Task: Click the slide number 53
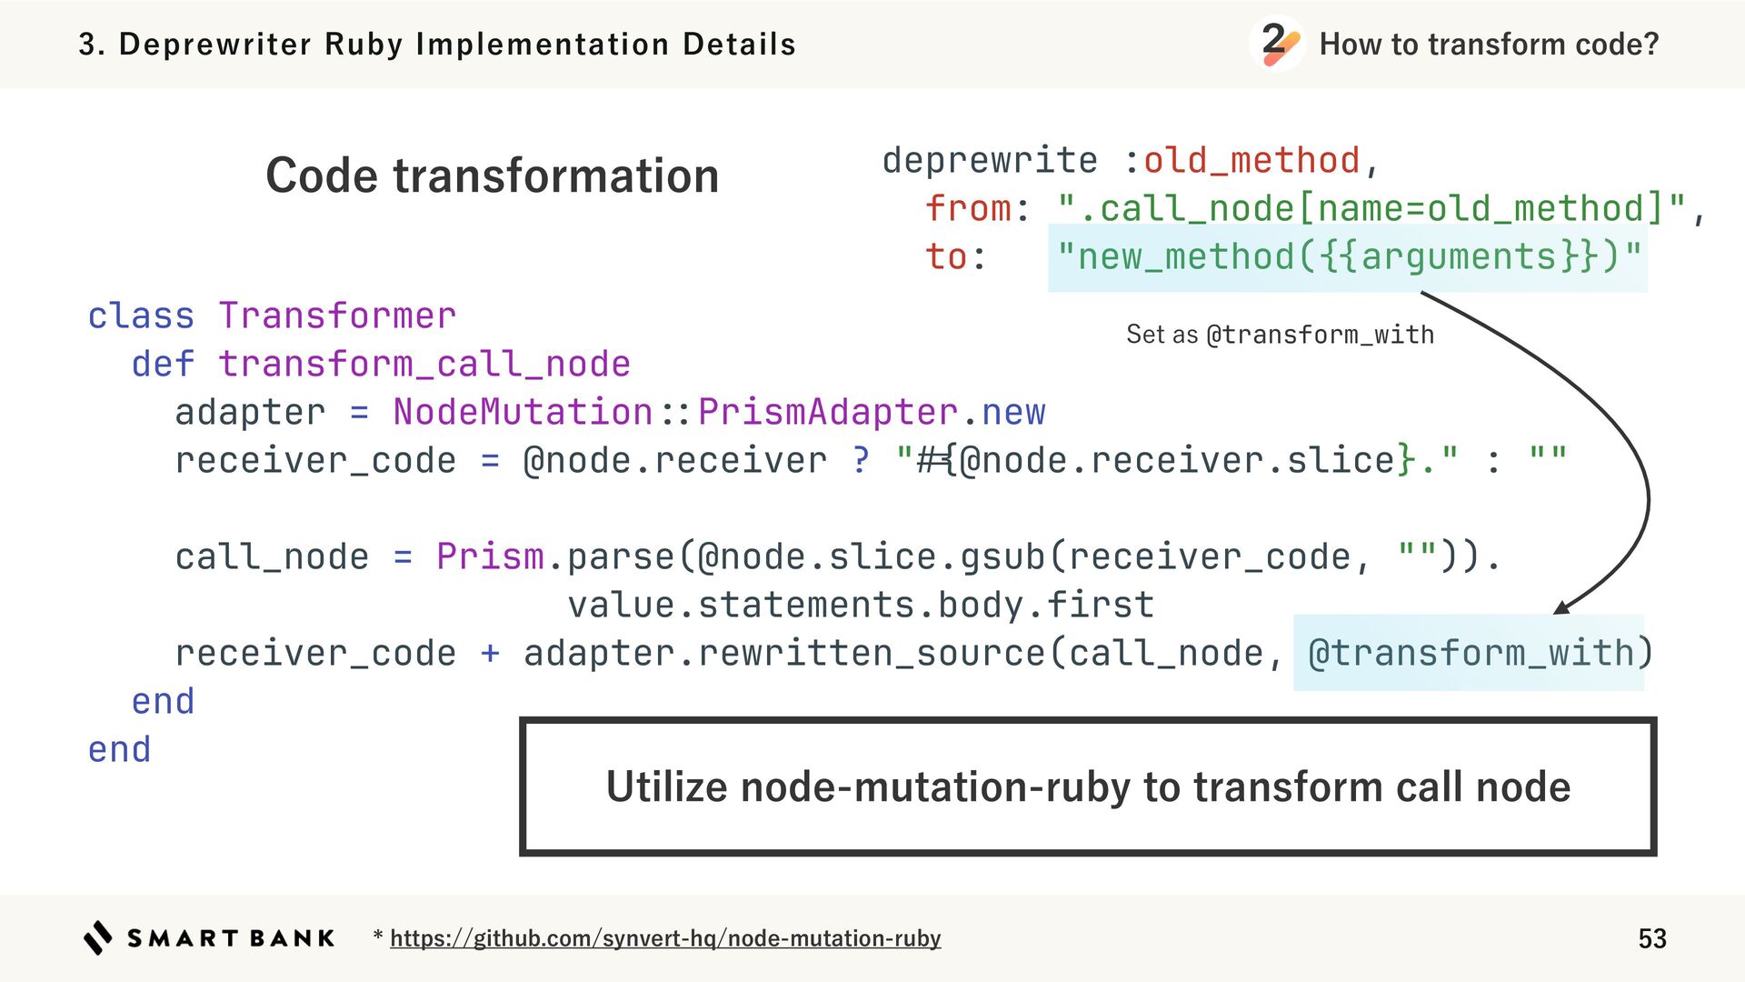(1651, 938)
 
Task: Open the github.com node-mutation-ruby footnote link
(665, 938)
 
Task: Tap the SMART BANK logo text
(231, 938)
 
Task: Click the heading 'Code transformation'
(492, 175)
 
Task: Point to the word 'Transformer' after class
(337, 316)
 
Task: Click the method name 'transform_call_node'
(424, 365)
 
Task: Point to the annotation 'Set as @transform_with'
(1280, 335)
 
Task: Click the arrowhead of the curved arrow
(1562, 607)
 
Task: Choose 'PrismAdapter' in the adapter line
(827, 413)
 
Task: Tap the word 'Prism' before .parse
(490, 557)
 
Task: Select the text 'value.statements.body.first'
(861, 606)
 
